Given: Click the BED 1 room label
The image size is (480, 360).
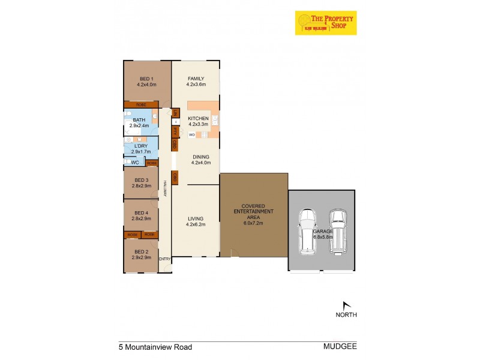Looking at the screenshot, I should coord(146,79).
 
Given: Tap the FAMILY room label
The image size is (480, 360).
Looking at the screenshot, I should coord(196,79).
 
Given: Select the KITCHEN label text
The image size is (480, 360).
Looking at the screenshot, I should coord(198,119).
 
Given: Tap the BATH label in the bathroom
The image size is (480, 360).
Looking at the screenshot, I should coord(140,120).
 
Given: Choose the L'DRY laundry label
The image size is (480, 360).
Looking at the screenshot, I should coord(141,146).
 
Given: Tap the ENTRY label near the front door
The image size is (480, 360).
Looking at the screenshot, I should coord(165,259).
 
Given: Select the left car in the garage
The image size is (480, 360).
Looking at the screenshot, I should coord(307,232).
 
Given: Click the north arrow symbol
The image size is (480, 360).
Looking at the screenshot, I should coord(346,305).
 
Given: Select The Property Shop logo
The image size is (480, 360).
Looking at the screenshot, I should coord(325,23).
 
